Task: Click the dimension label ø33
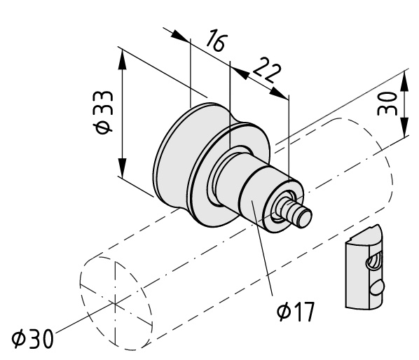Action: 103,112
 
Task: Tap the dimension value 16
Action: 217,40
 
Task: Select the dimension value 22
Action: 267,70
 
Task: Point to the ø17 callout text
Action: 296,312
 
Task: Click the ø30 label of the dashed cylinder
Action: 33,338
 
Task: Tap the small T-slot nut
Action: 366,267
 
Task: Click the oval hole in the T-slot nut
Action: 373,261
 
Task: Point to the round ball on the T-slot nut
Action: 377,288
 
